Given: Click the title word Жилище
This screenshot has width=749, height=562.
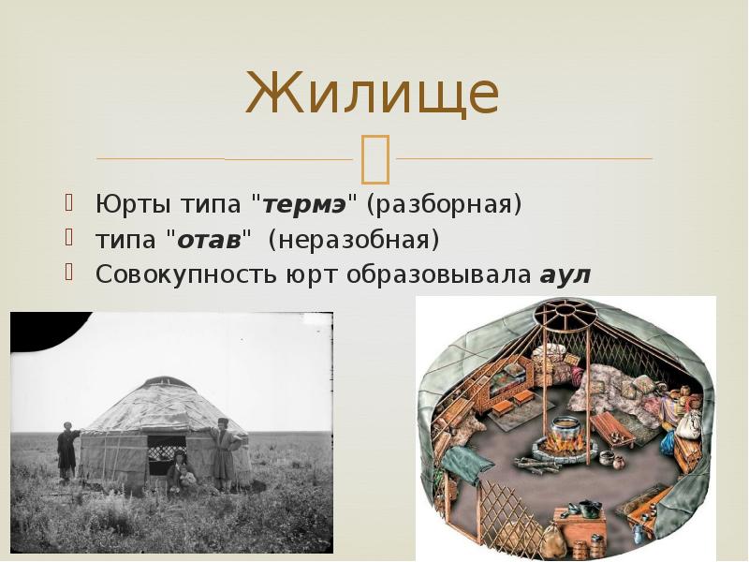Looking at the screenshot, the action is click(372, 93).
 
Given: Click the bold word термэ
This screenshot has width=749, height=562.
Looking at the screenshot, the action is click(305, 204).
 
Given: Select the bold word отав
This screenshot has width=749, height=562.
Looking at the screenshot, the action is click(209, 239).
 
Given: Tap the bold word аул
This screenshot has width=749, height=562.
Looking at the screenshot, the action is click(565, 274).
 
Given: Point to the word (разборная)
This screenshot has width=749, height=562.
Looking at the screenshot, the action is click(444, 204).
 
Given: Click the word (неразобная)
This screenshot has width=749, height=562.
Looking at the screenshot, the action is click(354, 239).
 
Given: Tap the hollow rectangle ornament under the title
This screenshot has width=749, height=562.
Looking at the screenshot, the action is click(375, 159).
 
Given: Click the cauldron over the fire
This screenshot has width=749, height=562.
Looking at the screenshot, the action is click(565, 429).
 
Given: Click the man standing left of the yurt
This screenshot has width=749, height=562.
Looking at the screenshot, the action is click(67, 451).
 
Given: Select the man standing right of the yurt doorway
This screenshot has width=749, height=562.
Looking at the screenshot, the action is click(224, 453).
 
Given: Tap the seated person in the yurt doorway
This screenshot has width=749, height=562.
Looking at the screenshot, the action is click(181, 471).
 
